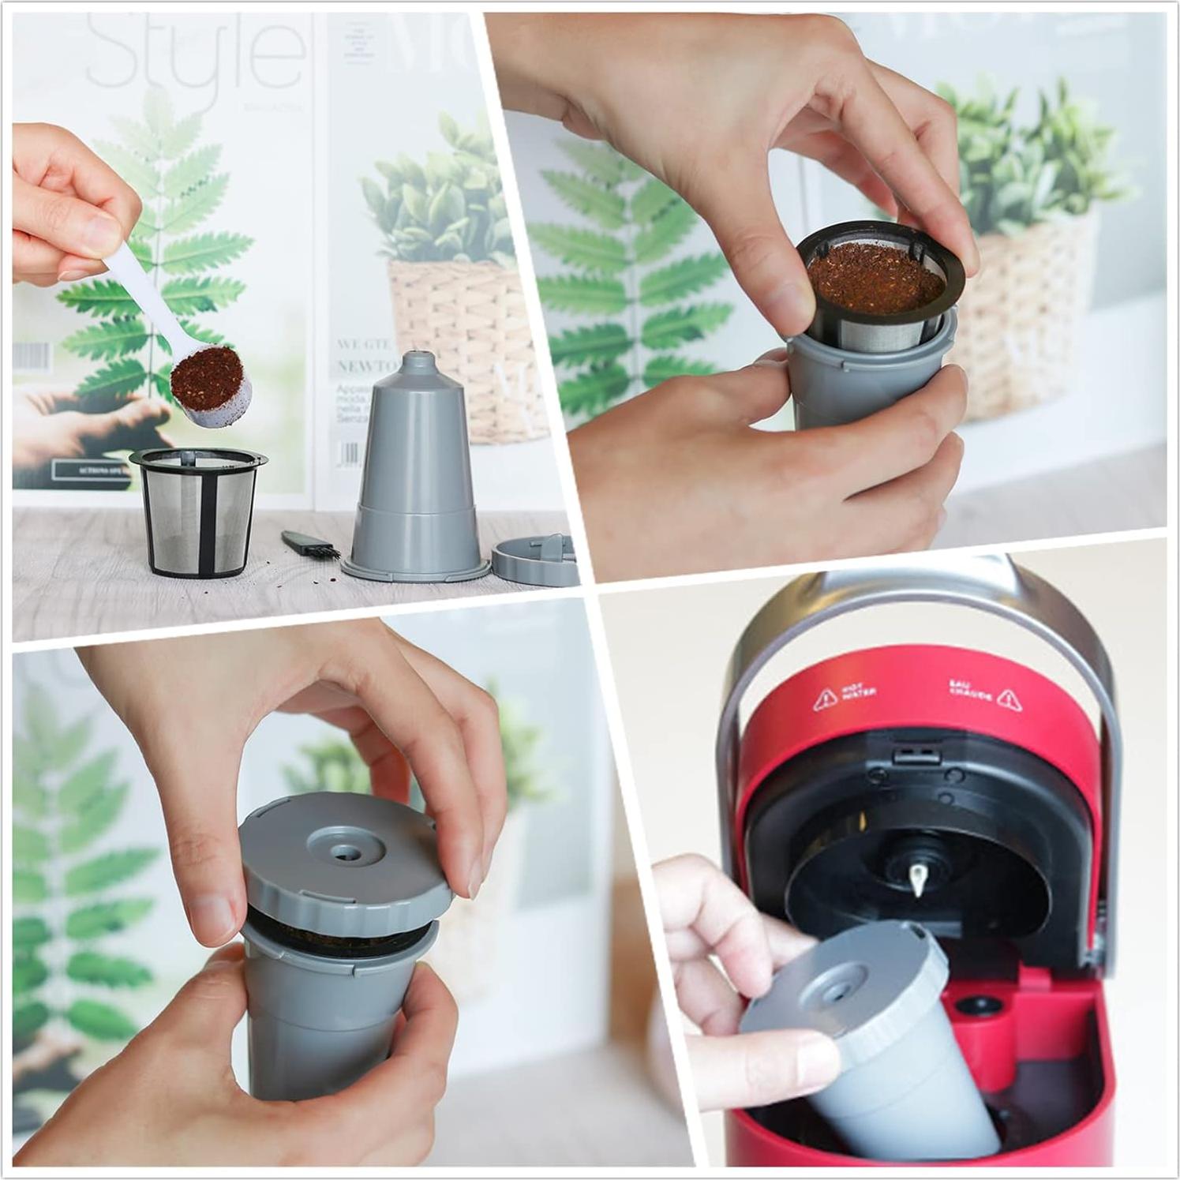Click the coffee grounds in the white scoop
click(207, 373)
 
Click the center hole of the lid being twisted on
click(345, 852)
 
